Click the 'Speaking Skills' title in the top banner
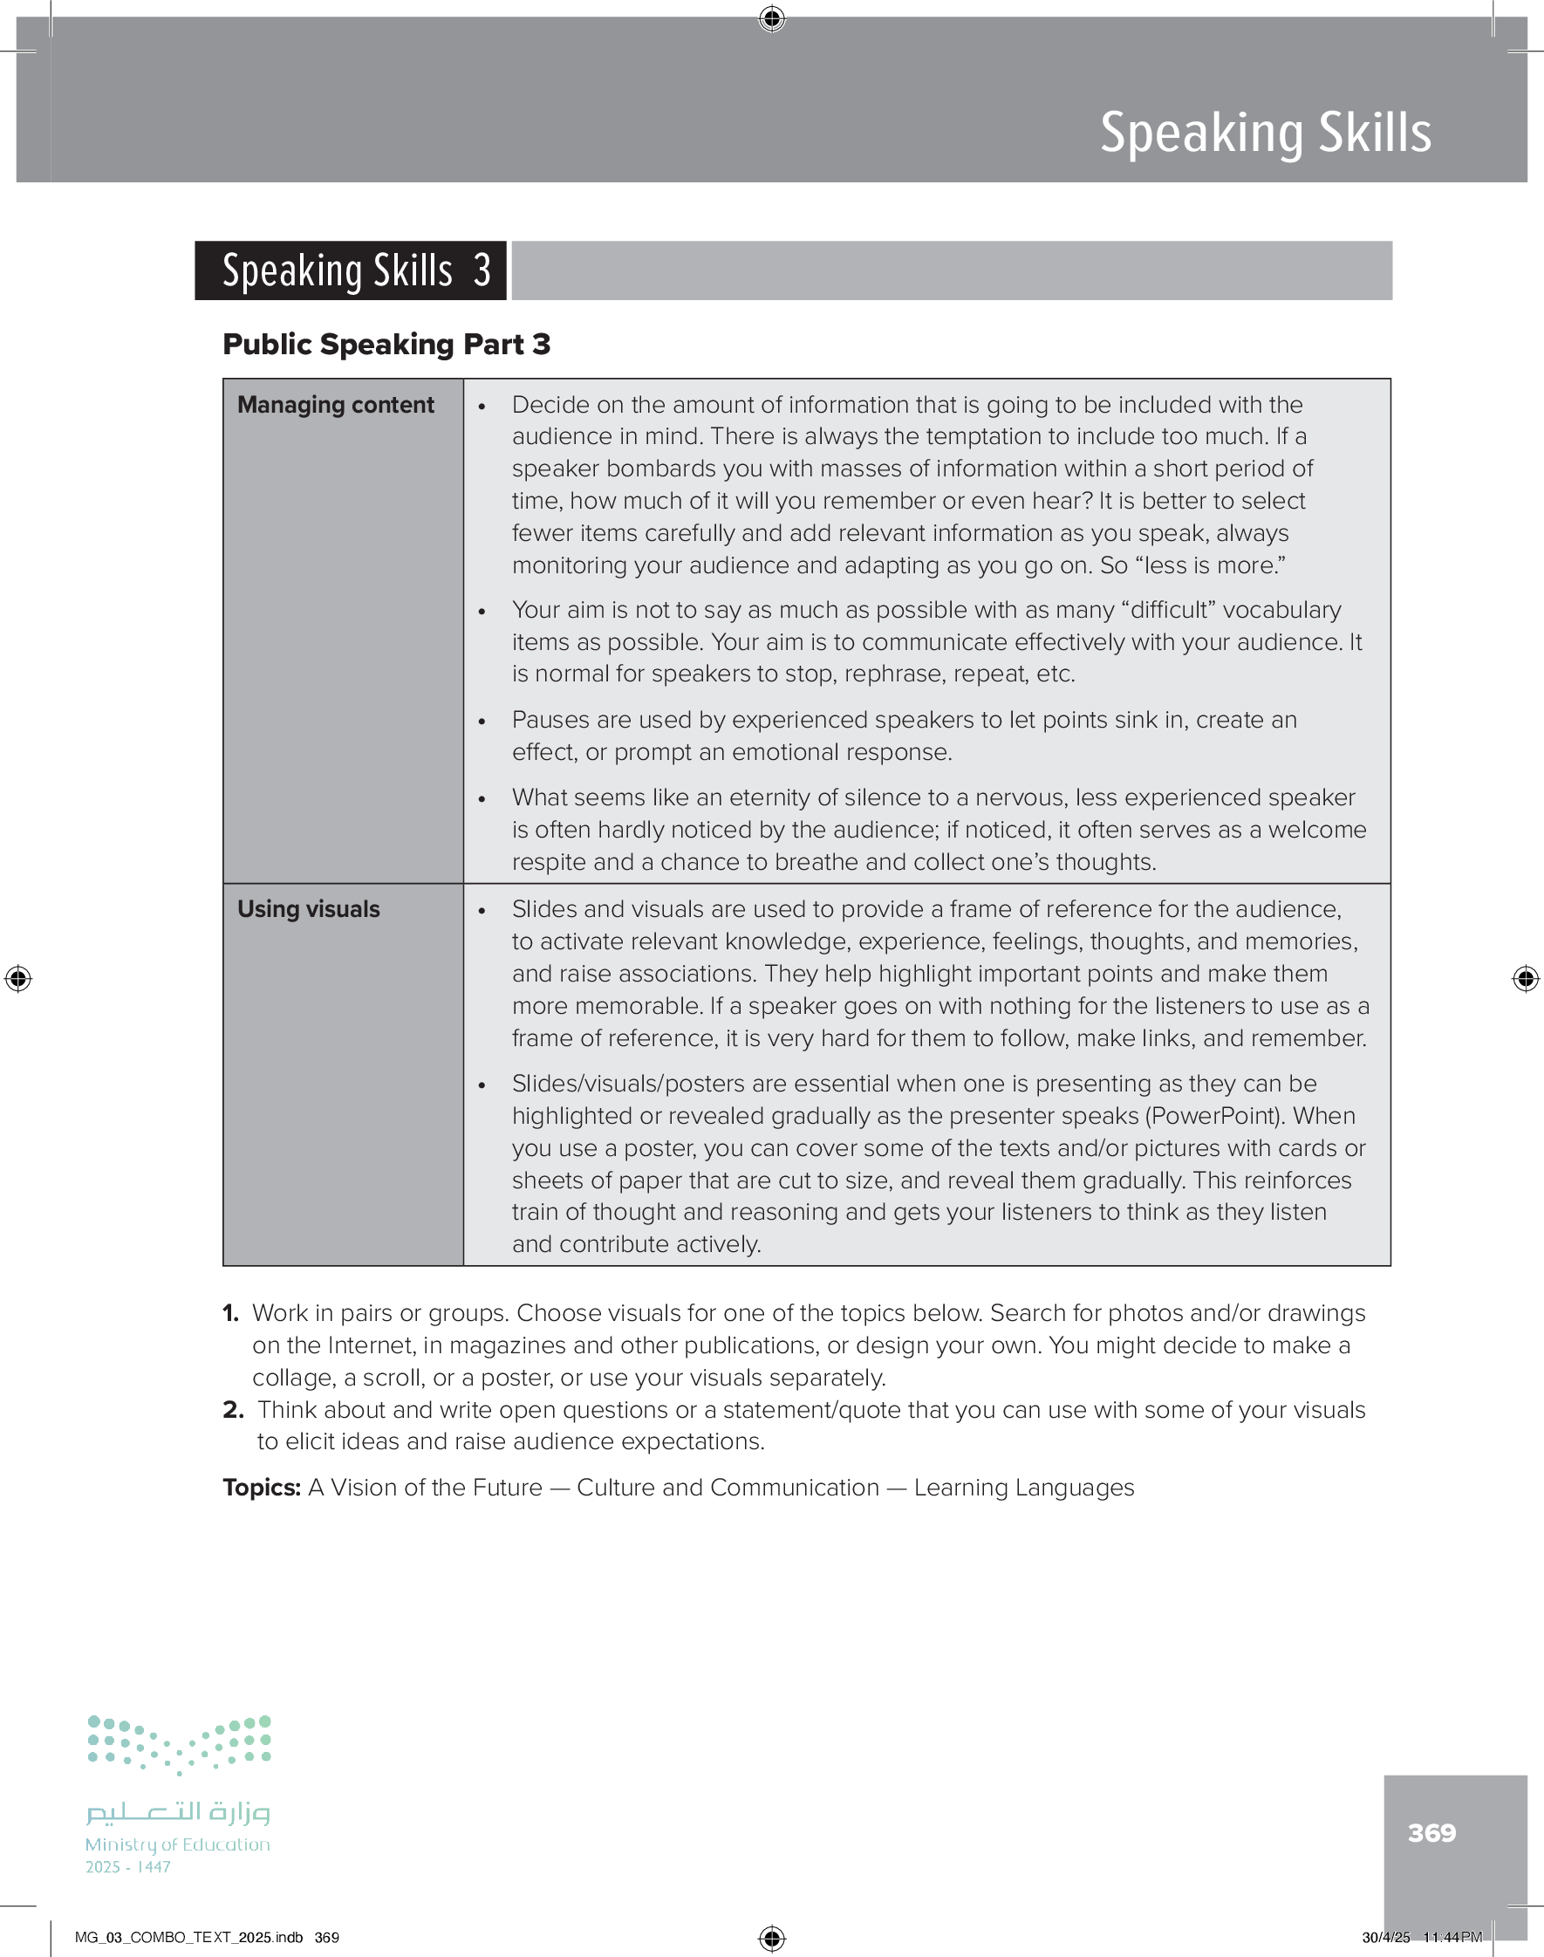[x=1265, y=133]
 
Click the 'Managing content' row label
[x=335, y=405]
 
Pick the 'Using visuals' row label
[x=308, y=909]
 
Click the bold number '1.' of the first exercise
[x=230, y=1313]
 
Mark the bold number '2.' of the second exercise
[x=232, y=1410]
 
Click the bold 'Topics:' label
[x=261, y=1488]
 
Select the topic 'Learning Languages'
[x=1023, y=1488]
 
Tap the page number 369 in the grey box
[x=1431, y=1832]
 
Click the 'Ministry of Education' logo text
[x=177, y=1844]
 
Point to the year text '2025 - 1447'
[x=127, y=1867]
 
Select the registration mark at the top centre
[x=771, y=18]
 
